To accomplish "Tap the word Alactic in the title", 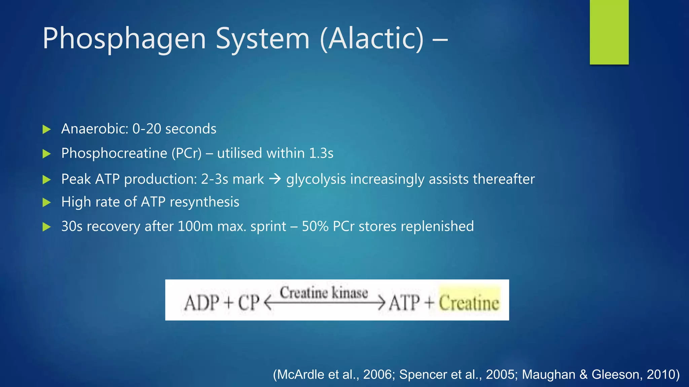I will (371, 39).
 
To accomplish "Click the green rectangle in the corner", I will (609, 32).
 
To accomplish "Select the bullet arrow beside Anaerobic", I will (46, 129).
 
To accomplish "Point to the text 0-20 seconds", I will (174, 129).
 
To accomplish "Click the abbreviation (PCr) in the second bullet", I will (186, 154).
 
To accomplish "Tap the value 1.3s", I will (321, 154).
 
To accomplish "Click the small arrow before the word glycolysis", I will (275, 179).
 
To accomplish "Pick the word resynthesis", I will (204, 202).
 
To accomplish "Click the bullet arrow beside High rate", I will (46, 203).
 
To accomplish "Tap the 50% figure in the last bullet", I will (315, 226).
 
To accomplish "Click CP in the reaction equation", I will (249, 303).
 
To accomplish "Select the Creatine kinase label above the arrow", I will (324, 293).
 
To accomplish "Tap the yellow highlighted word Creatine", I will (469, 303).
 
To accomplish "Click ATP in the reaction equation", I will (404, 303).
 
